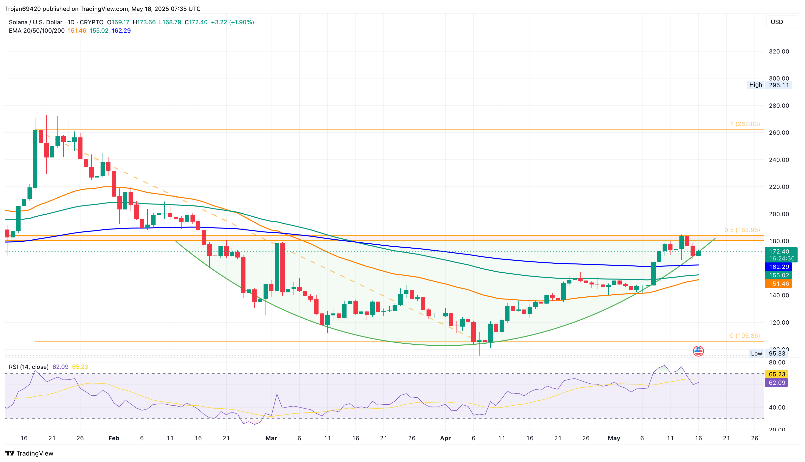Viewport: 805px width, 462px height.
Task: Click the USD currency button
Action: pyautogui.click(x=781, y=22)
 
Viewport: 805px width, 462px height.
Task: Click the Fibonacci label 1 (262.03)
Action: pyautogui.click(x=745, y=124)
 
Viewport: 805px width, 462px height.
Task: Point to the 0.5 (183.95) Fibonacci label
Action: pyautogui.click(x=742, y=230)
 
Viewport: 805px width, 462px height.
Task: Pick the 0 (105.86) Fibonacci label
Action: pyautogui.click(x=745, y=336)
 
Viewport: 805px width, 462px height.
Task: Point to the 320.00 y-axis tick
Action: pyautogui.click(x=779, y=51)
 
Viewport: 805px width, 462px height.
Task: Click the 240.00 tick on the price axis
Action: pyautogui.click(x=779, y=160)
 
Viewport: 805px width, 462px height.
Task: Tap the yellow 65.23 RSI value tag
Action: pyautogui.click(x=777, y=374)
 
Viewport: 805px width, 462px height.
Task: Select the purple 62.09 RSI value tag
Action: pyautogui.click(x=777, y=383)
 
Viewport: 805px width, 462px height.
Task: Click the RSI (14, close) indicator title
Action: pyautogui.click(x=28, y=367)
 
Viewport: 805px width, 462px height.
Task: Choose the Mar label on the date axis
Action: pyautogui.click(x=271, y=438)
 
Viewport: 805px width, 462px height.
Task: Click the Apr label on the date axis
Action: pyautogui.click(x=445, y=438)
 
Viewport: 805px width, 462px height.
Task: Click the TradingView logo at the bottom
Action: pyautogui.click(x=29, y=453)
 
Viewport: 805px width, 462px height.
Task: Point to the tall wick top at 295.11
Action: pyautogui.click(x=41, y=86)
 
